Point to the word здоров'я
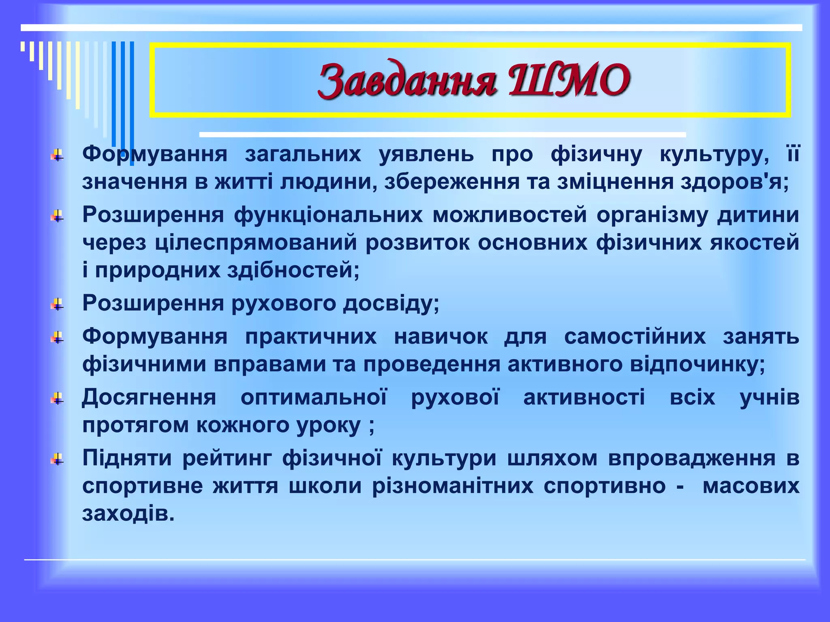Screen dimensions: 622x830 tap(734, 182)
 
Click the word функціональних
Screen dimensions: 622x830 tap(328, 215)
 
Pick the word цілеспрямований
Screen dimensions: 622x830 tap(256, 243)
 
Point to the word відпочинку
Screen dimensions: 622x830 tap(697, 364)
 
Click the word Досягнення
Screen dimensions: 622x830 tap(149, 397)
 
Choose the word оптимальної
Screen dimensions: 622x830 tap(314, 397)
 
